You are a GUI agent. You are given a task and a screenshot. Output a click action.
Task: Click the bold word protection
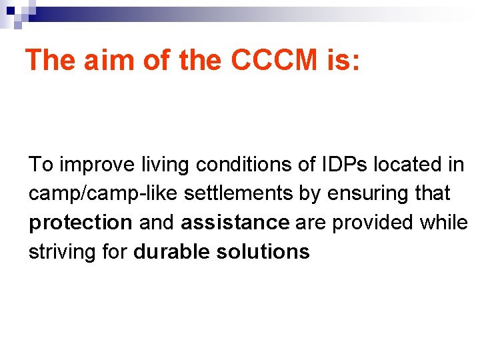tap(81, 223)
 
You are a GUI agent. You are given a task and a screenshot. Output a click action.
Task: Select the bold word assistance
tap(235, 223)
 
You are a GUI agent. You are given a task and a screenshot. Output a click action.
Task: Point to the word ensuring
tap(369, 193)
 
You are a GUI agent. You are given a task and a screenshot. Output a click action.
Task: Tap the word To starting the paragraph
tap(39, 164)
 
